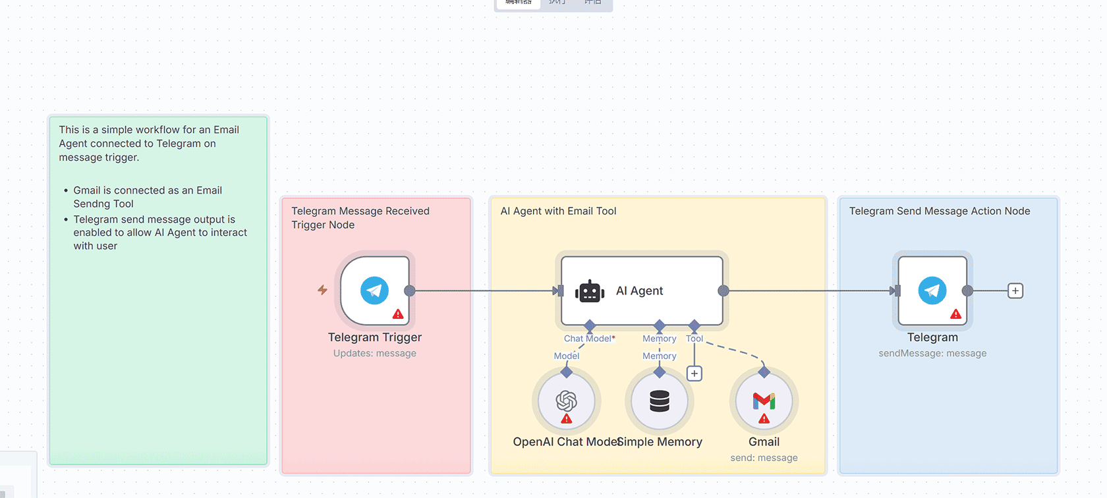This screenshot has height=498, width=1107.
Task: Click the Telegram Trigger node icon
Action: tap(374, 290)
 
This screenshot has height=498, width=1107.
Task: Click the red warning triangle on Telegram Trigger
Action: tap(398, 314)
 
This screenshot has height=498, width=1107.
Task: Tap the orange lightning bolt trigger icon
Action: tap(322, 290)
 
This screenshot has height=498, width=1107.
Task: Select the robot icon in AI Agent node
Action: tap(590, 291)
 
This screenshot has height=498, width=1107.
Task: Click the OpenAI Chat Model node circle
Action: tap(566, 401)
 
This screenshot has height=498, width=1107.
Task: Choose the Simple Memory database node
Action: tap(659, 401)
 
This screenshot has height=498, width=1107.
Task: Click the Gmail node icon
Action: tap(764, 400)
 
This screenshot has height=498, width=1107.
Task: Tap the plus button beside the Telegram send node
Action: tap(1015, 290)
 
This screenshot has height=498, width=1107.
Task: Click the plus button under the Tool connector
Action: tap(694, 373)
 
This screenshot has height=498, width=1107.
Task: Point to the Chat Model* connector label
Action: tap(589, 339)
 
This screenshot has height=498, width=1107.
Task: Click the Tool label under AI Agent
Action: tap(695, 339)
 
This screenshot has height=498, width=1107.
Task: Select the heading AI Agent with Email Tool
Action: tap(558, 211)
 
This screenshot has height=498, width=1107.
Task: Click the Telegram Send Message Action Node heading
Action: tap(939, 211)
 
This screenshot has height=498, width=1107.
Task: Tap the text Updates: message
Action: tap(374, 353)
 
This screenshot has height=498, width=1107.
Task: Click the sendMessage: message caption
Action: tap(932, 353)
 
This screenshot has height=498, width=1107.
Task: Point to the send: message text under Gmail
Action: tap(764, 458)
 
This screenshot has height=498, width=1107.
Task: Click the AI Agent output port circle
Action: tap(724, 290)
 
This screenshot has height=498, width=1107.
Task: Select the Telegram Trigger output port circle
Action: tap(410, 290)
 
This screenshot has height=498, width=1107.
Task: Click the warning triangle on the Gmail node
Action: tap(764, 419)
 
